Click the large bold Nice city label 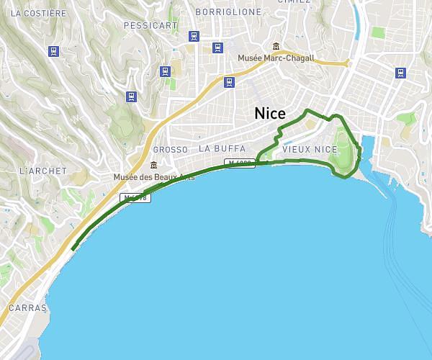pos(270,114)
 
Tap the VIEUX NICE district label pos(310,149)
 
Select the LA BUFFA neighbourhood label pos(222,148)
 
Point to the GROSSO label pos(171,150)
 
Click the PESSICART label pos(150,25)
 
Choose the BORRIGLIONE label pos(228,12)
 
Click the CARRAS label pos(27,307)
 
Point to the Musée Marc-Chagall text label pos(276,58)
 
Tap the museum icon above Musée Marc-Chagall pos(276,47)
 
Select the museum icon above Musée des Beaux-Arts pos(153,166)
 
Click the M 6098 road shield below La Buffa pos(240,163)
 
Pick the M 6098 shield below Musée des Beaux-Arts pos(135,197)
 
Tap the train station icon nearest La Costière pos(53,51)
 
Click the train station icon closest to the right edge pos(400,72)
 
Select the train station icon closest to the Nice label pos(229,81)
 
